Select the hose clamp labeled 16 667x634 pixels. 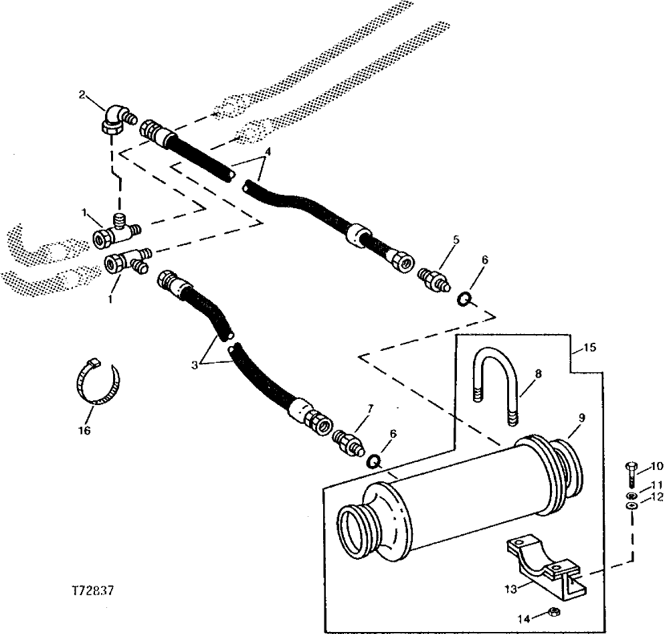[x=96, y=383]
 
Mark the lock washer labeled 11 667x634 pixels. [x=631, y=495]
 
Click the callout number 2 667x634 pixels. [x=83, y=94]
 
